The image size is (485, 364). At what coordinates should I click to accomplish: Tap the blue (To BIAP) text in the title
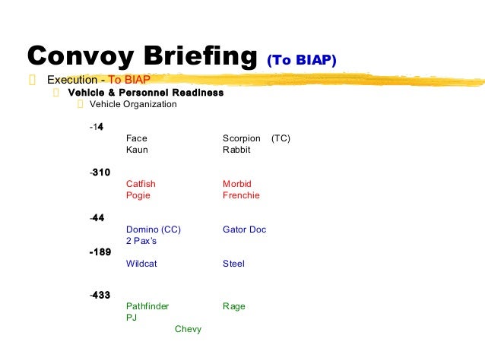[301, 59]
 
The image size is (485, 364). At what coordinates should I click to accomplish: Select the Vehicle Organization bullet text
[133, 104]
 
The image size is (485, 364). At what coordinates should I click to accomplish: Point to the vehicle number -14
[97, 126]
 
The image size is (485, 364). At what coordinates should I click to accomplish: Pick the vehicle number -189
[100, 252]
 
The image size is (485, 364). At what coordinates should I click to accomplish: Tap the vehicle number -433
[100, 295]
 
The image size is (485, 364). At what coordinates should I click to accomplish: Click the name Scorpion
[242, 138]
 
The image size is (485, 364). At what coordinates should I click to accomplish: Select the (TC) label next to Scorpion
[281, 138]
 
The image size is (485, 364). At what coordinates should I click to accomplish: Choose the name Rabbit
[236, 150]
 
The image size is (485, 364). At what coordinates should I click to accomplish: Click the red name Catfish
[141, 184]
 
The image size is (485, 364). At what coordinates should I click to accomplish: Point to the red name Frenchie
[241, 195]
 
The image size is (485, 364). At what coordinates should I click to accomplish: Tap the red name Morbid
[236, 184]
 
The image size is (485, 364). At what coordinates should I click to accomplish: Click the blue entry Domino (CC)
[153, 229]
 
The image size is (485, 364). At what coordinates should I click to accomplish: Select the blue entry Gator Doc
[244, 229]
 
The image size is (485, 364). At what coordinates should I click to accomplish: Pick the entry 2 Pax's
[141, 241]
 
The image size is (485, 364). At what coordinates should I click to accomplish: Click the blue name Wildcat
[142, 264]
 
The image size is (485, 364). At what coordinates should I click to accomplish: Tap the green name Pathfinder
[147, 306]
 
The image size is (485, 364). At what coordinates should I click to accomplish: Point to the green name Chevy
[188, 329]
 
